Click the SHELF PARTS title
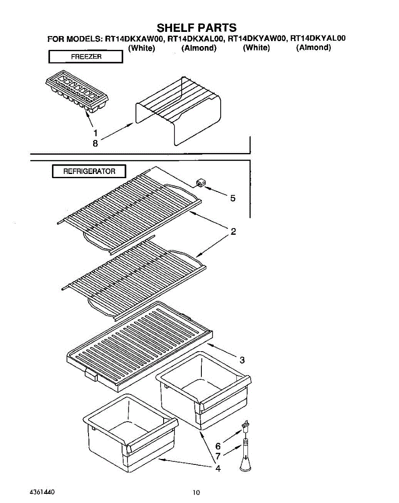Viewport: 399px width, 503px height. [x=196, y=28]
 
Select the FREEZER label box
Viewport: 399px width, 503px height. [x=86, y=57]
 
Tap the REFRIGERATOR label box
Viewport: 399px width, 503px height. [x=89, y=171]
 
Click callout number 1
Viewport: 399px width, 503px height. [x=96, y=133]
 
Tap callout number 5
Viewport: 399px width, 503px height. [x=233, y=198]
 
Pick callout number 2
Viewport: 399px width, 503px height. [x=233, y=231]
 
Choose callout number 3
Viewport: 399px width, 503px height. [x=242, y=360]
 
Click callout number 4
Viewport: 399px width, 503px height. [x=218, y=469]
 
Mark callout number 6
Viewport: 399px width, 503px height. [x=218, y=446]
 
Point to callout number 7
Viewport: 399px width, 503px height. [x=218, y=456]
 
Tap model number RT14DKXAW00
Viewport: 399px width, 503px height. [x=135, y=39]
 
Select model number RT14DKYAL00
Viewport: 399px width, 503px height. [x=318, y=39]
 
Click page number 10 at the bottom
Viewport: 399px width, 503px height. [x=196, y=492]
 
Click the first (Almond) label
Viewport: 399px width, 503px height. [x=198, y=48]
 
